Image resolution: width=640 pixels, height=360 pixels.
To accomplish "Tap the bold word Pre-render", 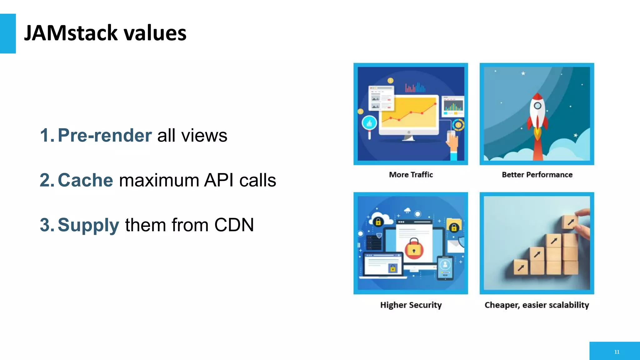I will pyautogui.click(x=105, y=135).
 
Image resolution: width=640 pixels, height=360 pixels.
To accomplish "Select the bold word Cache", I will pyautogui.click(x=85, y=180).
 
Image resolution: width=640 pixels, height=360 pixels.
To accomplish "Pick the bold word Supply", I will pyautogui.click(x=88, y=225).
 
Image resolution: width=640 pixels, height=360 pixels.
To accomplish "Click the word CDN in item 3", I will pyautogui.click(x=234, y=225).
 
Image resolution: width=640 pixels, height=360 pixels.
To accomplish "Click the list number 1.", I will pyautogui.click(x=47, y=135).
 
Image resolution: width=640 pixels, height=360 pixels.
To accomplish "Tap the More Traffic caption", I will pyautogui.click(x=411, y=175).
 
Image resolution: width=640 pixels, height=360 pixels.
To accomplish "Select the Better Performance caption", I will pyautogui.click(x=537, y=175).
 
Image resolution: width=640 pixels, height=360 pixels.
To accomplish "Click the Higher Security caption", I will pyautogui.click(x=411, y=305).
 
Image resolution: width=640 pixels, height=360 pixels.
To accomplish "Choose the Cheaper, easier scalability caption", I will pyautogui.click(x=537, y=305).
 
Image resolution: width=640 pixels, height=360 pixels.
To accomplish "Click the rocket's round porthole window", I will pyautogui.click(x=537, y=106).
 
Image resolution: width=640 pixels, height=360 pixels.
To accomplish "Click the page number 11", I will pyautogui.click(x=617, y=352).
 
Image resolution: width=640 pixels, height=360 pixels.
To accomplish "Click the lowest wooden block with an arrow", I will pyautogui.click(x=521, y=268).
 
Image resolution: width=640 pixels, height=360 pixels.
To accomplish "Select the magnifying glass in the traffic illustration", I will pyautogui.click(x=369, y=124).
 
